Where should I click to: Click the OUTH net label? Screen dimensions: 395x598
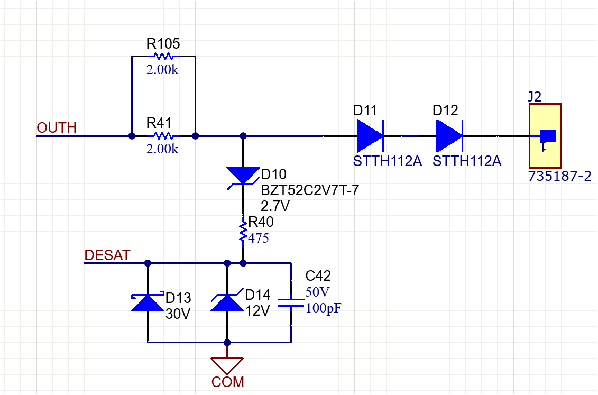(57, 128)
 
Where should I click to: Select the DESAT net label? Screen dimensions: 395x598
(107, 255)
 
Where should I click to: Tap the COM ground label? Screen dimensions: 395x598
(228, 382)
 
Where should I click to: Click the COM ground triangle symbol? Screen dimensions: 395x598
(227, 364)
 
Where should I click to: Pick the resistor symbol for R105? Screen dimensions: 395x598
(163, 56)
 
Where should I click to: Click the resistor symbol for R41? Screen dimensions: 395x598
(163, 136)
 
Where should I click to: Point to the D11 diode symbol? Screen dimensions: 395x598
(370, 136)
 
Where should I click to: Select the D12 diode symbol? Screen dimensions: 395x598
(449, 136)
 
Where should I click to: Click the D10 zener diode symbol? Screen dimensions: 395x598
(243, 176)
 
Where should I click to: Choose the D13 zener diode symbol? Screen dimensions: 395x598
(148, 302)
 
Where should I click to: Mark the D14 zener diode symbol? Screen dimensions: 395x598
(227, 302)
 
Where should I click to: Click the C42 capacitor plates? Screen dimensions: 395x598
(291, 302)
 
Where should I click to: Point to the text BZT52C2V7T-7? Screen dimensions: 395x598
(309, 190)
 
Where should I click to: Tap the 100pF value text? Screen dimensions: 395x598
(324, 308)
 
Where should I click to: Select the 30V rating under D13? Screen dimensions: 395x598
(178, 314)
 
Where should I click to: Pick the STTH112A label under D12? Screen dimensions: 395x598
(467, 161)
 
